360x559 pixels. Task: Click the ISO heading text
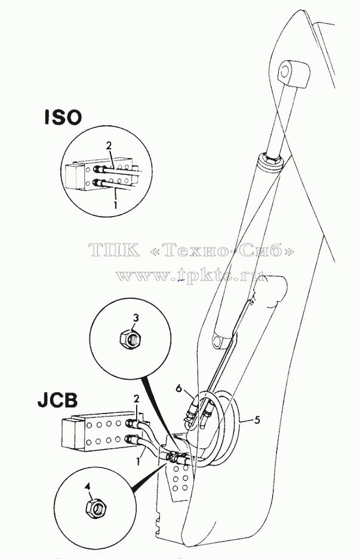pos(63,117)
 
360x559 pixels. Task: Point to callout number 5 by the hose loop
pos(257,420)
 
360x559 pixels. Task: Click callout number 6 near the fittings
pos(179,388)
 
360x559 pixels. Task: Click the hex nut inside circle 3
pos(128,338)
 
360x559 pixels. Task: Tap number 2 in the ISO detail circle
pos(109,146)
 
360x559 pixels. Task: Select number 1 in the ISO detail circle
pos(115,205)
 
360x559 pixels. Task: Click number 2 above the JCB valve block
pos(136,398)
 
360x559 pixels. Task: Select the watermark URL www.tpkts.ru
pos(190,275)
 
